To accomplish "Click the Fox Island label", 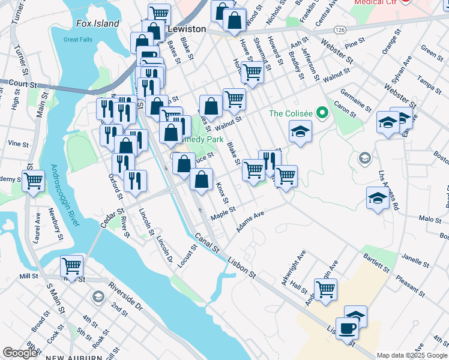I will point(98,23).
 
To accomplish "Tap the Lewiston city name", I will point(187,29).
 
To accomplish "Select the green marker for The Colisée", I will point(322,113).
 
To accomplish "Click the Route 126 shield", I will point(340,29).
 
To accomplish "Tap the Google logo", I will point(20,353).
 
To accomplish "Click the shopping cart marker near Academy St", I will point(34,179).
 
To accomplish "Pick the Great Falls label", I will point(75,40).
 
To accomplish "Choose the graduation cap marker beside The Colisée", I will point(300,130).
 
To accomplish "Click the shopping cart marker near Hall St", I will point(325,290).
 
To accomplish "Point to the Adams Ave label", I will point(250,222).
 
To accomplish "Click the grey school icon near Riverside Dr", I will point(97,296).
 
